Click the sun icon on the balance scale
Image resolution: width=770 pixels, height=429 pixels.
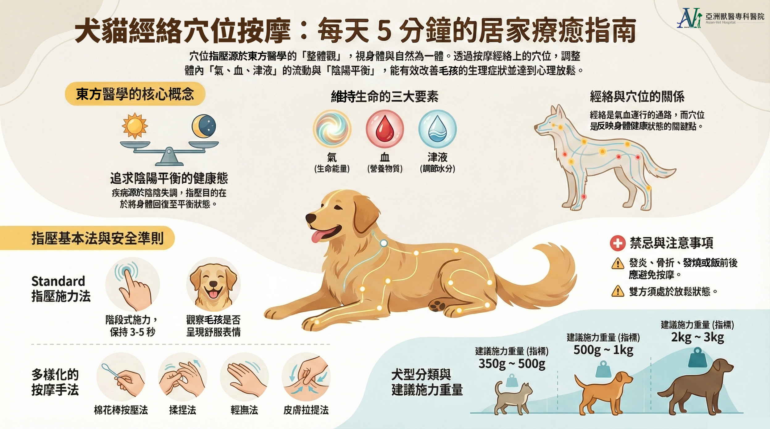[x=135, y=126]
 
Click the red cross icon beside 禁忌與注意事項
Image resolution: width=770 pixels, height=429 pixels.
[x=618, y=243]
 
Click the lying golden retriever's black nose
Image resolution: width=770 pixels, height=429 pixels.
[x=311, y=218]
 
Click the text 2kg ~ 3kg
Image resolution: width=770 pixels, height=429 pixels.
[x=697, y=337]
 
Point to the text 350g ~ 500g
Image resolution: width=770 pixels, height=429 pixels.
[x=512, y=364]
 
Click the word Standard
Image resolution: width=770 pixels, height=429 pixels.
[x=58, y=281]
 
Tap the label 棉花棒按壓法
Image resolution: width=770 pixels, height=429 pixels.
[x=121, y=410]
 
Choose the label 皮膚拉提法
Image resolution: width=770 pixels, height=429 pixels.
[x=306, y=410]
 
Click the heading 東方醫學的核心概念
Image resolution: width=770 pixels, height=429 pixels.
[x=135, y=94]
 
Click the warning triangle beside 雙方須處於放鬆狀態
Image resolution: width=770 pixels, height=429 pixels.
[x=618, y=291]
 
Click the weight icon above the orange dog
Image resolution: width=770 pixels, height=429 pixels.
[x=603, y=369]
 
